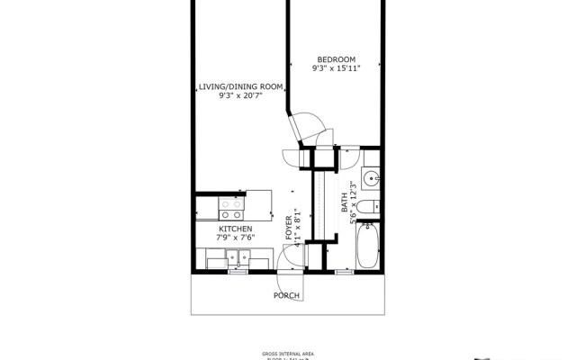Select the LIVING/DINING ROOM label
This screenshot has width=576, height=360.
[x=240, y=86]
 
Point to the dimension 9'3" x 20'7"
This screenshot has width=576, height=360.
[x=240, y=96]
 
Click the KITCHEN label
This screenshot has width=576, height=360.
[x=235, y=229]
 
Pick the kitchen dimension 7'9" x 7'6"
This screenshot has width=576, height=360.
[x=235, y=238]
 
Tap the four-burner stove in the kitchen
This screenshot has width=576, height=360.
[x=231, y=210]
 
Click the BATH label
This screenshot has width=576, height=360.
[x=344, y=205]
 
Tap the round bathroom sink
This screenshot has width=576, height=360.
[x=372, y=175]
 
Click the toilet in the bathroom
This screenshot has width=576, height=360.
[x=366, y=208]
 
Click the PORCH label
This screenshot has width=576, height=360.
[x=287, y=295]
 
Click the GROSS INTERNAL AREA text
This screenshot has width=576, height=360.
[x=288, y=352]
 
